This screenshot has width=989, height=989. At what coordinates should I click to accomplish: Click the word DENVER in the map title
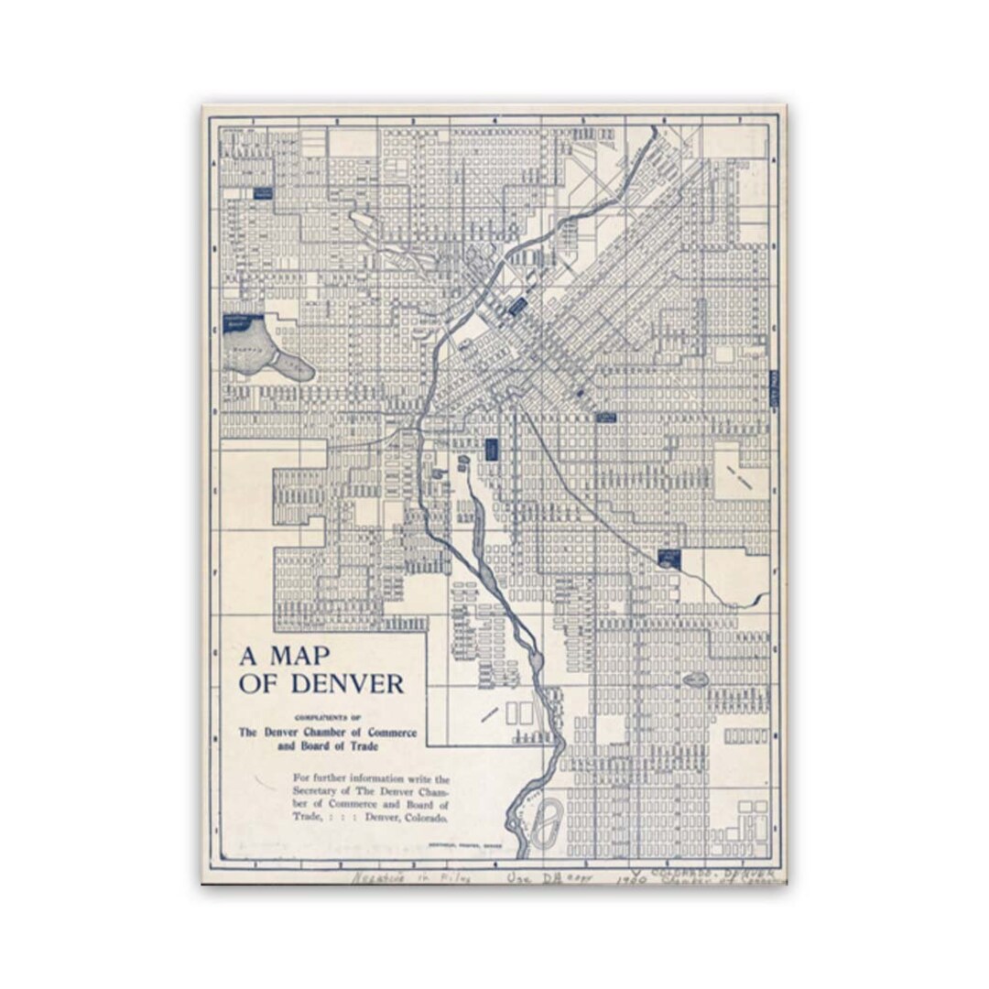tap(348, 683)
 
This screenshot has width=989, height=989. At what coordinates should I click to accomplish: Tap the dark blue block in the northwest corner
tap(263, 193)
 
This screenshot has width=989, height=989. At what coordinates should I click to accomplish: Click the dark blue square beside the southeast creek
tap(669, 558)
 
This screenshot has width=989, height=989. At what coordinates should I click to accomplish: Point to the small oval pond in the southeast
tap(695, 679)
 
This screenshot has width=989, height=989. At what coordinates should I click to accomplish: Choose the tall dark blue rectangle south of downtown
tap(491, 449)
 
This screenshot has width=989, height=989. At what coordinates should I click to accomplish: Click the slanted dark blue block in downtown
tap(517, 306)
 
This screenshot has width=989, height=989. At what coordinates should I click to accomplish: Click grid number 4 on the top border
tap(494, 120)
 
